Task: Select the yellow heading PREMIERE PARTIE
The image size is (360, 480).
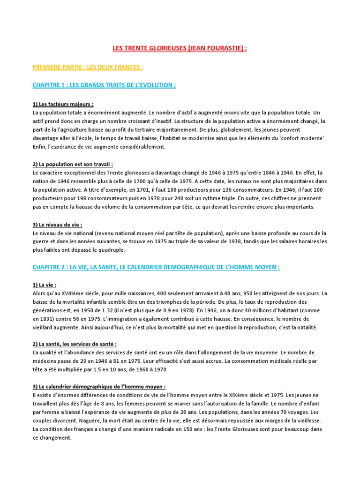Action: (88, 67)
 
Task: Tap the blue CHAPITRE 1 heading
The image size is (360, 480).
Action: (104, 85)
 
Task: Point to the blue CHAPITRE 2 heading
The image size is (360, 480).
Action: (156, 267)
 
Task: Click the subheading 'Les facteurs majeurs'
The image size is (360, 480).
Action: (63, 104)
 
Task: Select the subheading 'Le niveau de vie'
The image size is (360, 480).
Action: (57, 225)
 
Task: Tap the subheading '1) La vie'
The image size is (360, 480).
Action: (45, 285)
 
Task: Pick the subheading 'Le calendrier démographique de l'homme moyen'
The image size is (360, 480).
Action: (99, 387)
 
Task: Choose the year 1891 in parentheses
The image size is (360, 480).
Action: (49, 318)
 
